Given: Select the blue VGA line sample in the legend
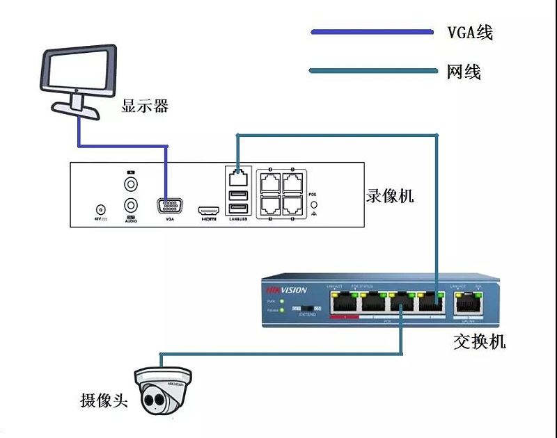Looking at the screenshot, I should (372, 32).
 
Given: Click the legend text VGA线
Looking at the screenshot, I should (470, 32).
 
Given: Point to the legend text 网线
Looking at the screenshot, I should (464, 71).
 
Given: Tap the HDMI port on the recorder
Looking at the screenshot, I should (208, 209).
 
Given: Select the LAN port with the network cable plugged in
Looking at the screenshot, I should (238, 176).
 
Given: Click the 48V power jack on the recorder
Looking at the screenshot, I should (100, 209).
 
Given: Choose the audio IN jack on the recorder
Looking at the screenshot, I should (130, 184).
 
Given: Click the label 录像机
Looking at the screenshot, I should (390, 195).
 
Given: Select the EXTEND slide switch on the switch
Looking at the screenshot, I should (308, 307).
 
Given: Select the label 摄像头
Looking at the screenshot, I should (104, 400).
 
